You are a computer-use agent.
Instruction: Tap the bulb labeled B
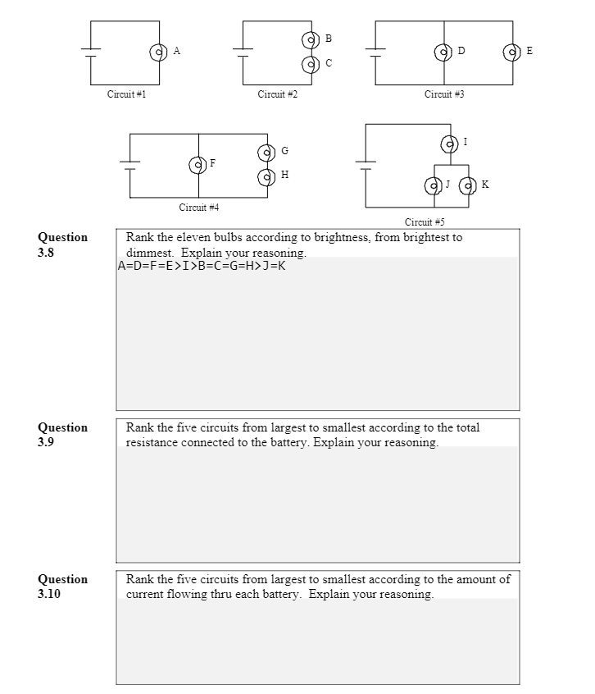[x=310, y=39]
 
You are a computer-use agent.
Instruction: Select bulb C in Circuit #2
[x=310, y=63]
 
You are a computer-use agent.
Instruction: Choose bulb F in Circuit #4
[x=198, y=165]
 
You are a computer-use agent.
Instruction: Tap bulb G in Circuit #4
[x=266, y=153]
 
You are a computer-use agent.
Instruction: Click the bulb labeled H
[x=266, y=176]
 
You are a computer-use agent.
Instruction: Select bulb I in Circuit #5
[x=449, y=144]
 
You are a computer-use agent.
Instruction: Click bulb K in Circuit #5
[x=468, y=185]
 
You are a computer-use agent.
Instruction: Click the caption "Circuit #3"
[x=444, y=94]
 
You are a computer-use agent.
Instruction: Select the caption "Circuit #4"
[x=198, y=208]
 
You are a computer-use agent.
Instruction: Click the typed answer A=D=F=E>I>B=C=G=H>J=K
[x=202, y=266]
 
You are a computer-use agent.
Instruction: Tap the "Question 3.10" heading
[x=62, y=586]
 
